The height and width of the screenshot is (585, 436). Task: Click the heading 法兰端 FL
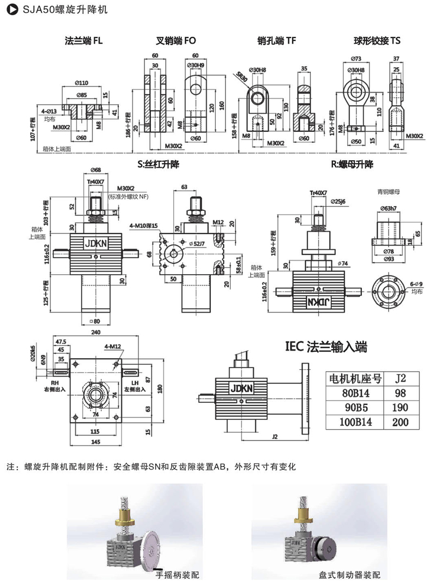coord(83,40)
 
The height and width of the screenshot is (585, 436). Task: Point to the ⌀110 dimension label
coord(82,83)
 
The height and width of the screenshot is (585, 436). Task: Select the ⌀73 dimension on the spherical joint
coord(356,59)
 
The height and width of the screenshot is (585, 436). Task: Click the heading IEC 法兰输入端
coord(326,347)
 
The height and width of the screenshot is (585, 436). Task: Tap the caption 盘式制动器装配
coord(350,574)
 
